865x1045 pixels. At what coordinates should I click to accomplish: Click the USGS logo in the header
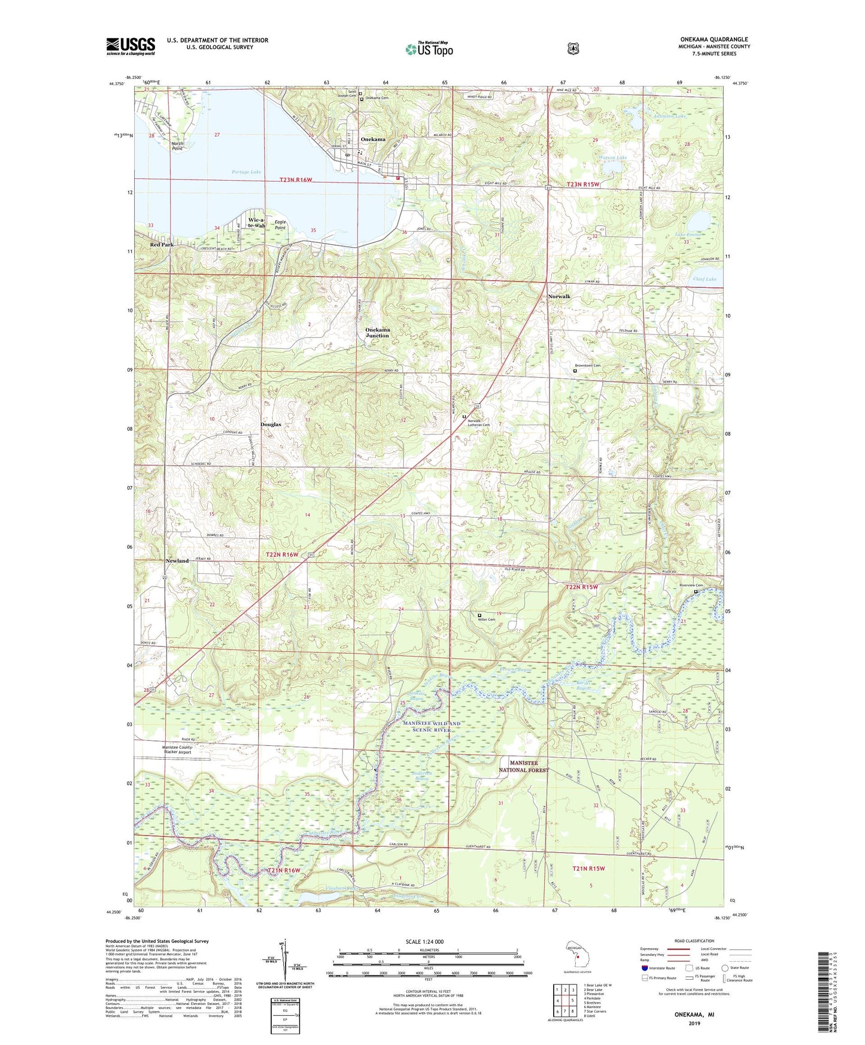click(130, 46)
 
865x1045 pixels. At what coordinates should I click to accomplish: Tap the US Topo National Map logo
click(428, 49)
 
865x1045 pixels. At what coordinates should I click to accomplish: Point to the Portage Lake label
click(246, 172)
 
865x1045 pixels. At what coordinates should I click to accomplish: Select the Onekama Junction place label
click(377, 333)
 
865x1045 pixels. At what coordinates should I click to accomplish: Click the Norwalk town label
click(559, 297)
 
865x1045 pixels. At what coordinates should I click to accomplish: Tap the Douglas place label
click(271, 424)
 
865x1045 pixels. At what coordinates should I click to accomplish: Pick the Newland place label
click(177, 561)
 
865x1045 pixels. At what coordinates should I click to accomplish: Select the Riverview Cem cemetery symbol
click(696, 592)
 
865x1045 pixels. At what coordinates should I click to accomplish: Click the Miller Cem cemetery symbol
click(479, 615)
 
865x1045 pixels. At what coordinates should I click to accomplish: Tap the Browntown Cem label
click(587, 365)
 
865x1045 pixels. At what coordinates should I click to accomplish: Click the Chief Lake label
click(705, 279)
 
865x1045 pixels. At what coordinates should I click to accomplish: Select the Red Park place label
click(162, 245)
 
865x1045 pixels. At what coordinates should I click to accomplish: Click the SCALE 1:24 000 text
click(424, 941)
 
